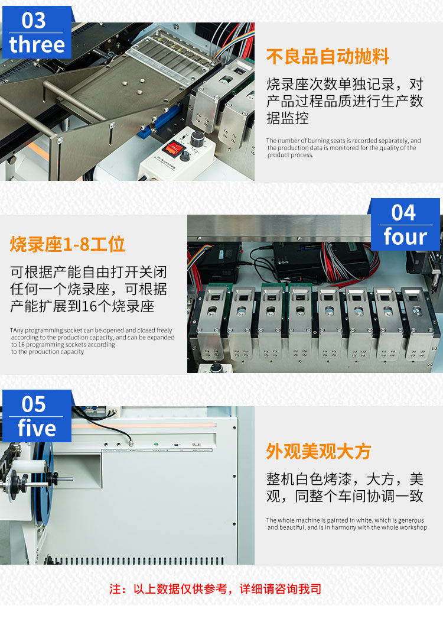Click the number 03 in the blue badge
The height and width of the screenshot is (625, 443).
(34, 20)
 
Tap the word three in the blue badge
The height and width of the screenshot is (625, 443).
(37, 44)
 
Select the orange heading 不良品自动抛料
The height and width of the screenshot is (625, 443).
(328, 56)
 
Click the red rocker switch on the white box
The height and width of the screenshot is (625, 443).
(174, 148)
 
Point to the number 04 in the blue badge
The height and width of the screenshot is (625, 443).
(403, 212)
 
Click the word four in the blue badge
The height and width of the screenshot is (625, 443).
(405, 237)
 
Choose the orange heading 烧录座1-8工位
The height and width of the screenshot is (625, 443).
(67, 244)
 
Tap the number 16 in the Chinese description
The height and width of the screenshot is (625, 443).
(90, 306)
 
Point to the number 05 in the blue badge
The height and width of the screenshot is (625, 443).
(34, 404)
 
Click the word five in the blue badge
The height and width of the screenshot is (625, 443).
(37, 428)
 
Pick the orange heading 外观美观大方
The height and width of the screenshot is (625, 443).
(318, 451)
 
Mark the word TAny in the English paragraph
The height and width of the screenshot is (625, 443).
(17, 331)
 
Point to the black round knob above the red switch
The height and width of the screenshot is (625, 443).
(197, 138)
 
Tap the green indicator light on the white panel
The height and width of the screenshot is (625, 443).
(156, 444)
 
